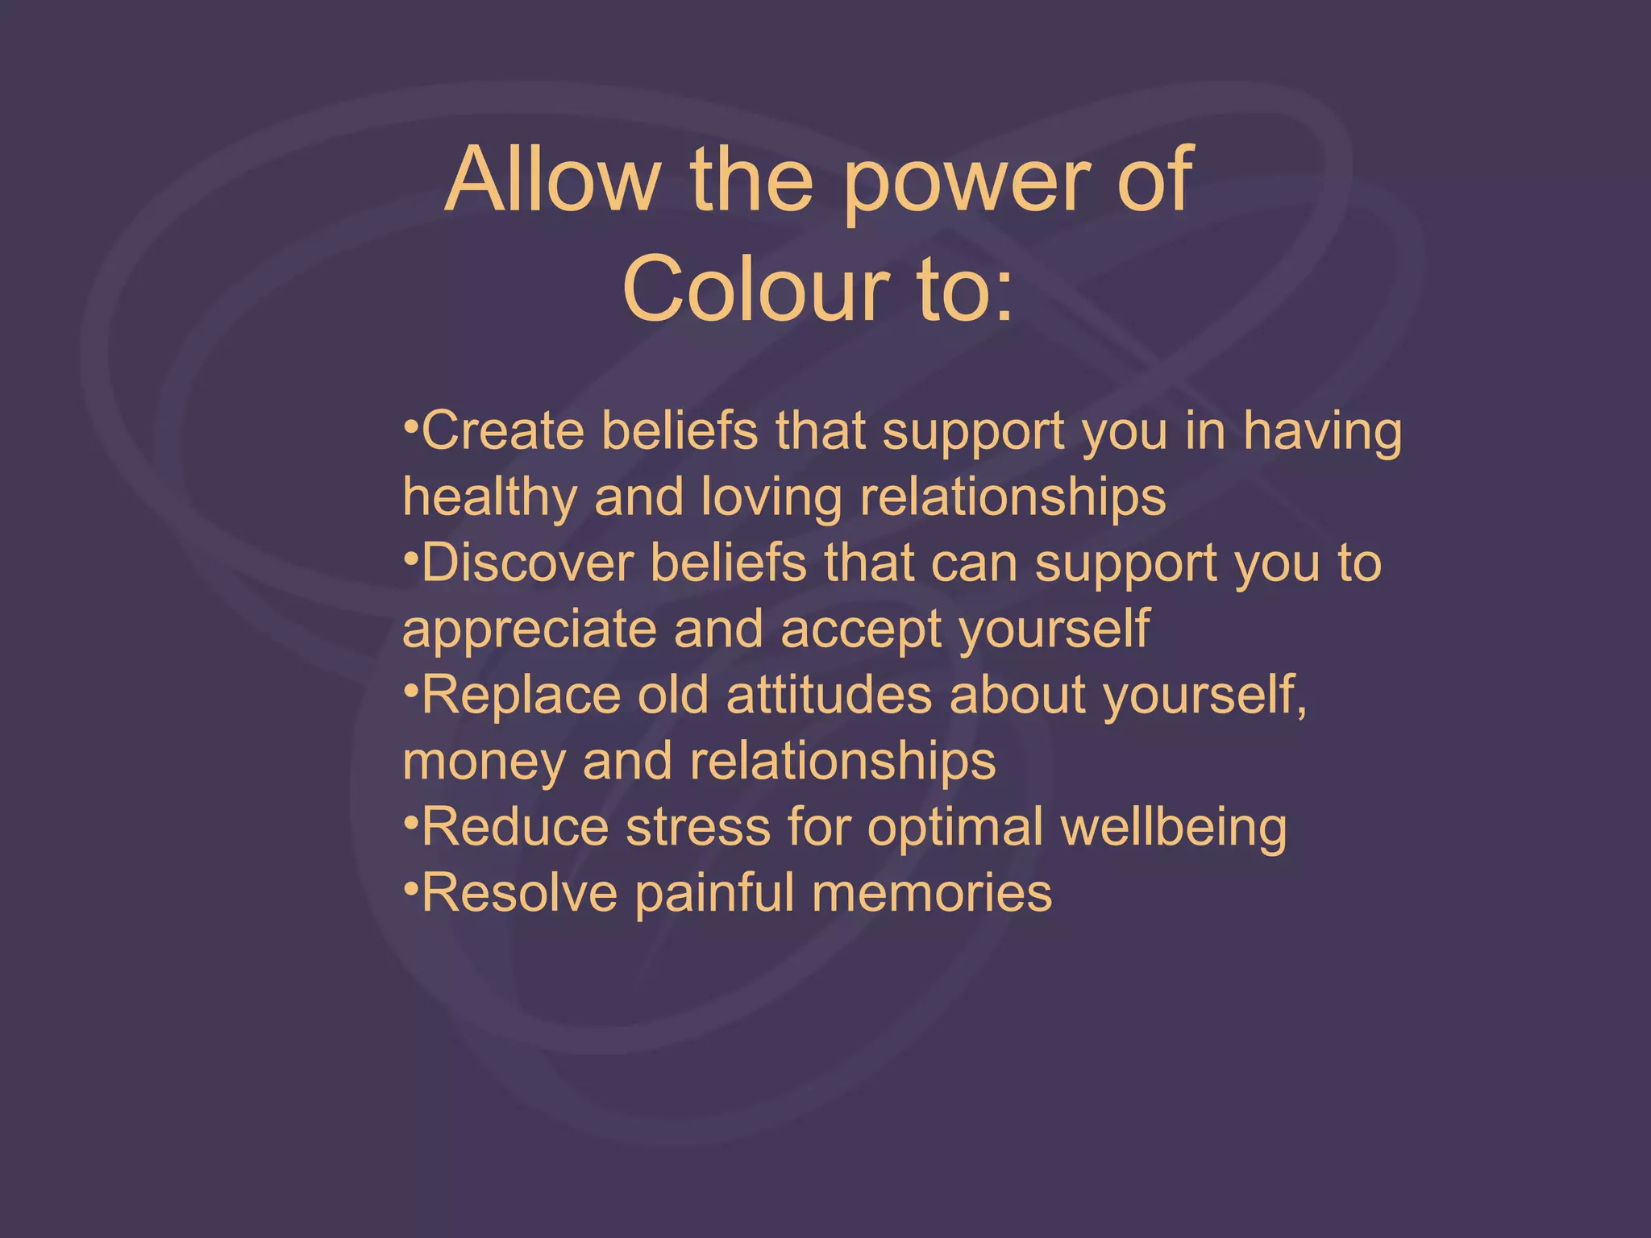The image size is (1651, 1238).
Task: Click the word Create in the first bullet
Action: pyautogui.click(x=503, y=431)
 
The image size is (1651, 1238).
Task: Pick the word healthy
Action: pyautogui.click(x=489, y=497)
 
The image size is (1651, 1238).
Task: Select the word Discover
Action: pyautogui.click(x=527, y=563)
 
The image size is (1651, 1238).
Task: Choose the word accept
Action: pyautogui.click(x=861, y=630)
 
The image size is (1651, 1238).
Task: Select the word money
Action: pyautogui.click(x=484, y=762)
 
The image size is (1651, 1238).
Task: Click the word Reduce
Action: pyautogui.click(x=515, y=827)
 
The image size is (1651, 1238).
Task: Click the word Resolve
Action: pyautogui.click(x=519, y=893)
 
